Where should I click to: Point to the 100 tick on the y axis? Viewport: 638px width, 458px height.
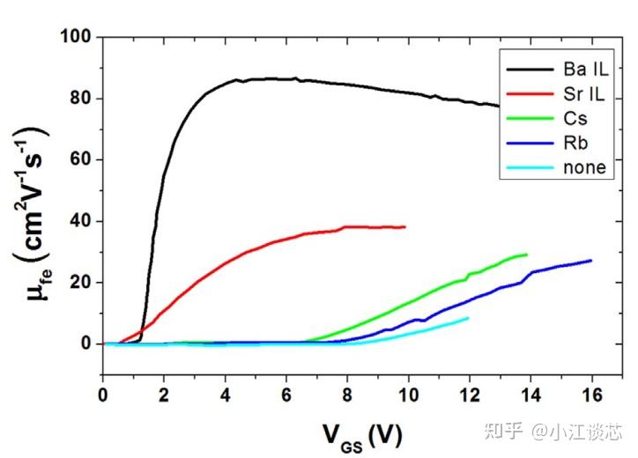pos(77,37)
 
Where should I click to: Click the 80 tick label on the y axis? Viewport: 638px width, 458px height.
pos(81,99)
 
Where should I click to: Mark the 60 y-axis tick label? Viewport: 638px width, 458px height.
pos(81,159)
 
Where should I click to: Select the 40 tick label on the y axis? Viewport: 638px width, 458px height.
pos(81,221)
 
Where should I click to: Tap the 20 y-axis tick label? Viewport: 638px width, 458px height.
pos(81,283)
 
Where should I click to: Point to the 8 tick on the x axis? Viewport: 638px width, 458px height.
pos(347,393)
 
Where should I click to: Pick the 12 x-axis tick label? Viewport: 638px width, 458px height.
pos(469,393)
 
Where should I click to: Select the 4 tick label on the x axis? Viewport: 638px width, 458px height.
pos(225,393)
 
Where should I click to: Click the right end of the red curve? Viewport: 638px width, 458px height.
pos(404,226)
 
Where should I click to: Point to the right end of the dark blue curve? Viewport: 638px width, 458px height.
pos(590,260)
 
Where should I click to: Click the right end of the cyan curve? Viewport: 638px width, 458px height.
pos(468,318)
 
